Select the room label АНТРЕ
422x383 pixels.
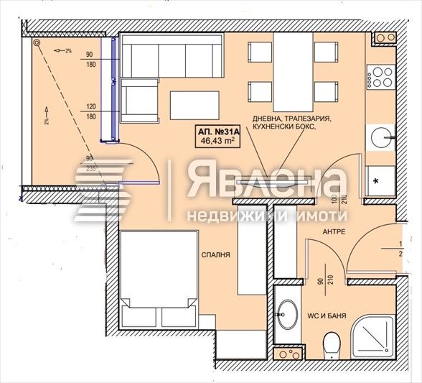point(334,232)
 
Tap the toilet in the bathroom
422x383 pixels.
point(332,346)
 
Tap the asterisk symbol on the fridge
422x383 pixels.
point(376,182)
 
